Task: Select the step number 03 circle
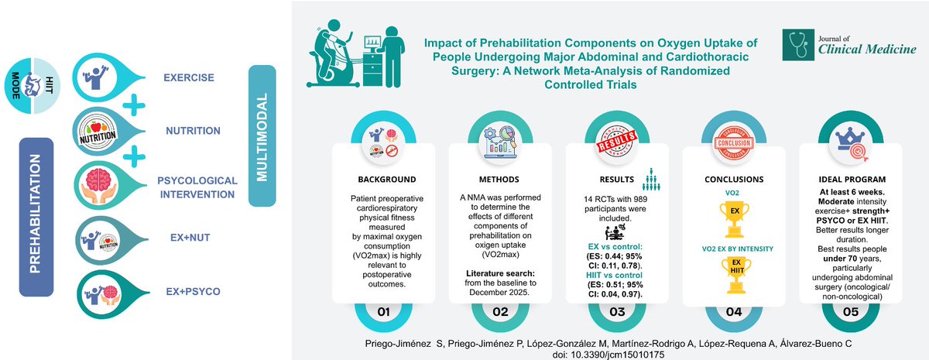coord(618,312)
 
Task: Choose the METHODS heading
coord(499,178)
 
